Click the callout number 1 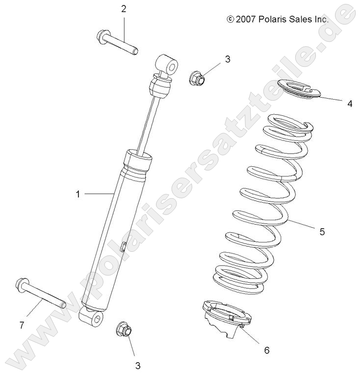[x=77, y=194]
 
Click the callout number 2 [x=124, y=8]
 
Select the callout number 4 [x=349, y=104]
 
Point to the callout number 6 [x=267, y=350]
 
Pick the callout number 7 [x=22, y=325]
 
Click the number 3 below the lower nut [x=137, y=365]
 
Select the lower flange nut [x=124, y=329]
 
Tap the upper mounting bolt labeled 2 [x=118, y=43]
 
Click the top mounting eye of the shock [x=166, y=64]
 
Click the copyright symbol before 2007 [x=230, y=19]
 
